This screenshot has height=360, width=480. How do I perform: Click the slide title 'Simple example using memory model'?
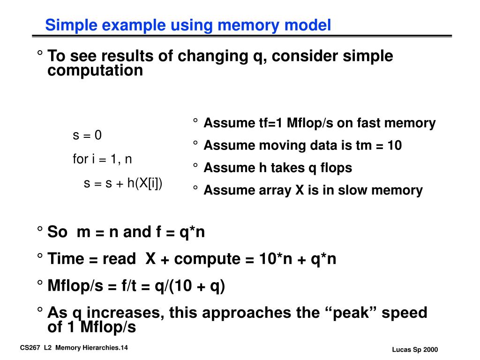coord(188,25)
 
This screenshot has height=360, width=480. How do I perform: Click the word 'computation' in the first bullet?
coord(95,71)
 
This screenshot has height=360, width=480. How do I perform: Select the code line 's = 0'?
coord(87,135)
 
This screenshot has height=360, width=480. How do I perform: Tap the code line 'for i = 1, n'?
coord(102,159)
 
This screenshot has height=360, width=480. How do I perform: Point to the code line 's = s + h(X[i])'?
coord(123,183)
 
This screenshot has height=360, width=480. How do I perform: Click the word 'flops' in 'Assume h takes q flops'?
coord(335,168)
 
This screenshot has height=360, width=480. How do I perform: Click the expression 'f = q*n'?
coord(180,232)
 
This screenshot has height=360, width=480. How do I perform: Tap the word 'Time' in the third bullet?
coord(66,259)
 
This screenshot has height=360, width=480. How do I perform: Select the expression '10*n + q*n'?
coord(298,259)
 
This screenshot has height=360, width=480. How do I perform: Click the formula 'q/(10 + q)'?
coord(190,285)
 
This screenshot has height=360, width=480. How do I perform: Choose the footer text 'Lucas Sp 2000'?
coord(415,350)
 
